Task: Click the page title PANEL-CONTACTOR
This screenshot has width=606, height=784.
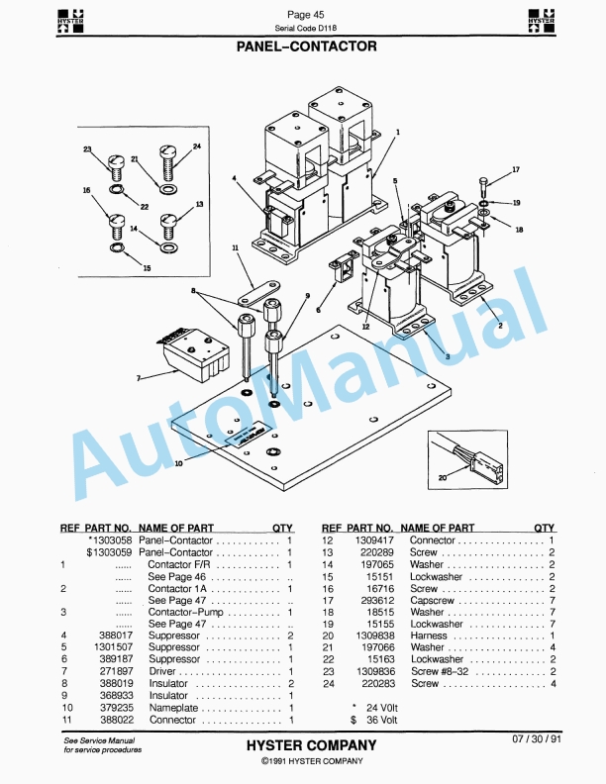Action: pos(306,46)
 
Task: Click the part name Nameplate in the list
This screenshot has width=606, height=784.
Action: pos(173,708)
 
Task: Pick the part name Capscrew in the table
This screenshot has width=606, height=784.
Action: pos(432,600)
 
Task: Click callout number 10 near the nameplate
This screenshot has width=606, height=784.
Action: pos(178,462)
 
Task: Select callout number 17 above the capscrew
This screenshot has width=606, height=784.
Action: pos(515,170)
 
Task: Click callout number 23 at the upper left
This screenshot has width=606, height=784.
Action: pos(87,148)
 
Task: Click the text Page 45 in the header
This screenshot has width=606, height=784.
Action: pos(305,14)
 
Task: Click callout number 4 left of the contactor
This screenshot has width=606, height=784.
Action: pos(235,178)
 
